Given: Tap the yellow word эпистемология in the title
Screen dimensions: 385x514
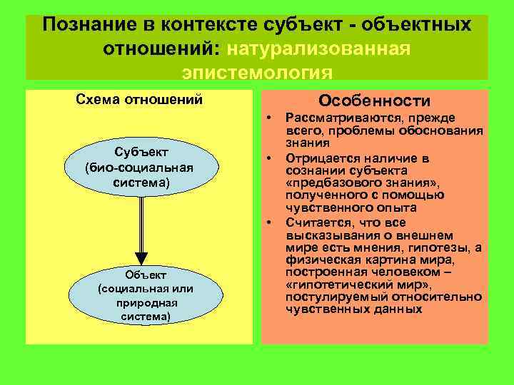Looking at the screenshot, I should [257, 72].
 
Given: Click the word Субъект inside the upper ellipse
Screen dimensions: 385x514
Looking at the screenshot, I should [139, 152].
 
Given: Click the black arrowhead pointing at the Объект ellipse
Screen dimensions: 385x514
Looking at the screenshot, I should [141, 258].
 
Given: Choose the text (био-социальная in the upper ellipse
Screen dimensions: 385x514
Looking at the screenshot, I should [139, 168].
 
